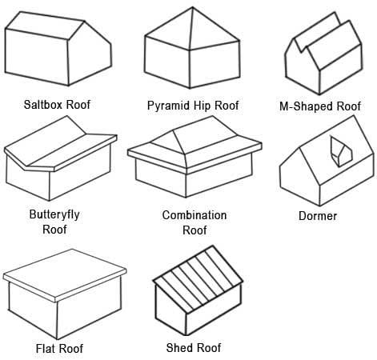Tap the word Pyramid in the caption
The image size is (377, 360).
(x=169, y=106)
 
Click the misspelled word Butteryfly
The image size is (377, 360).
(x=54, y=214)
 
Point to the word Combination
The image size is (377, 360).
(x=195, y=215)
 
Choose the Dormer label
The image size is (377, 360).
(x=318, y=216)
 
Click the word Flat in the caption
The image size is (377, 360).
(x=46, y=349)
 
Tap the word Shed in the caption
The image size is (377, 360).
(x=178, y=348)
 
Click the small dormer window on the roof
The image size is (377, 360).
(x=341, y=151)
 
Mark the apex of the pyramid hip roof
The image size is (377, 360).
(x=193, y=7)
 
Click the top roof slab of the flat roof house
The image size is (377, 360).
(x=65, y=274)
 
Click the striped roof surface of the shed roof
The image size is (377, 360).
(x=199, y=278)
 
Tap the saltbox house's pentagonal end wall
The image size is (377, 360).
(x=90, y=54)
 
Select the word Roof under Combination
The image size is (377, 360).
(x=195, y=230)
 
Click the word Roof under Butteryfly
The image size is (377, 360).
(x=54, y=230)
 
